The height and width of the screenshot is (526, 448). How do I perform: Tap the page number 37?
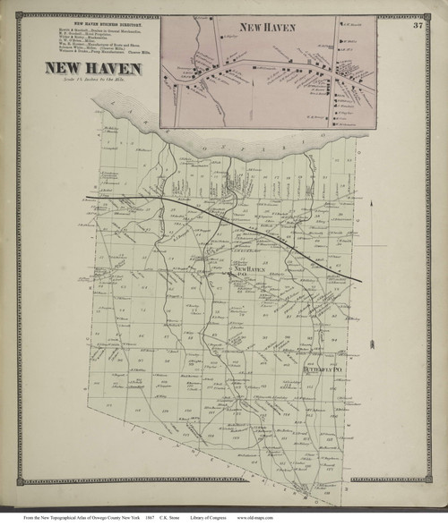pos(418,25)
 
